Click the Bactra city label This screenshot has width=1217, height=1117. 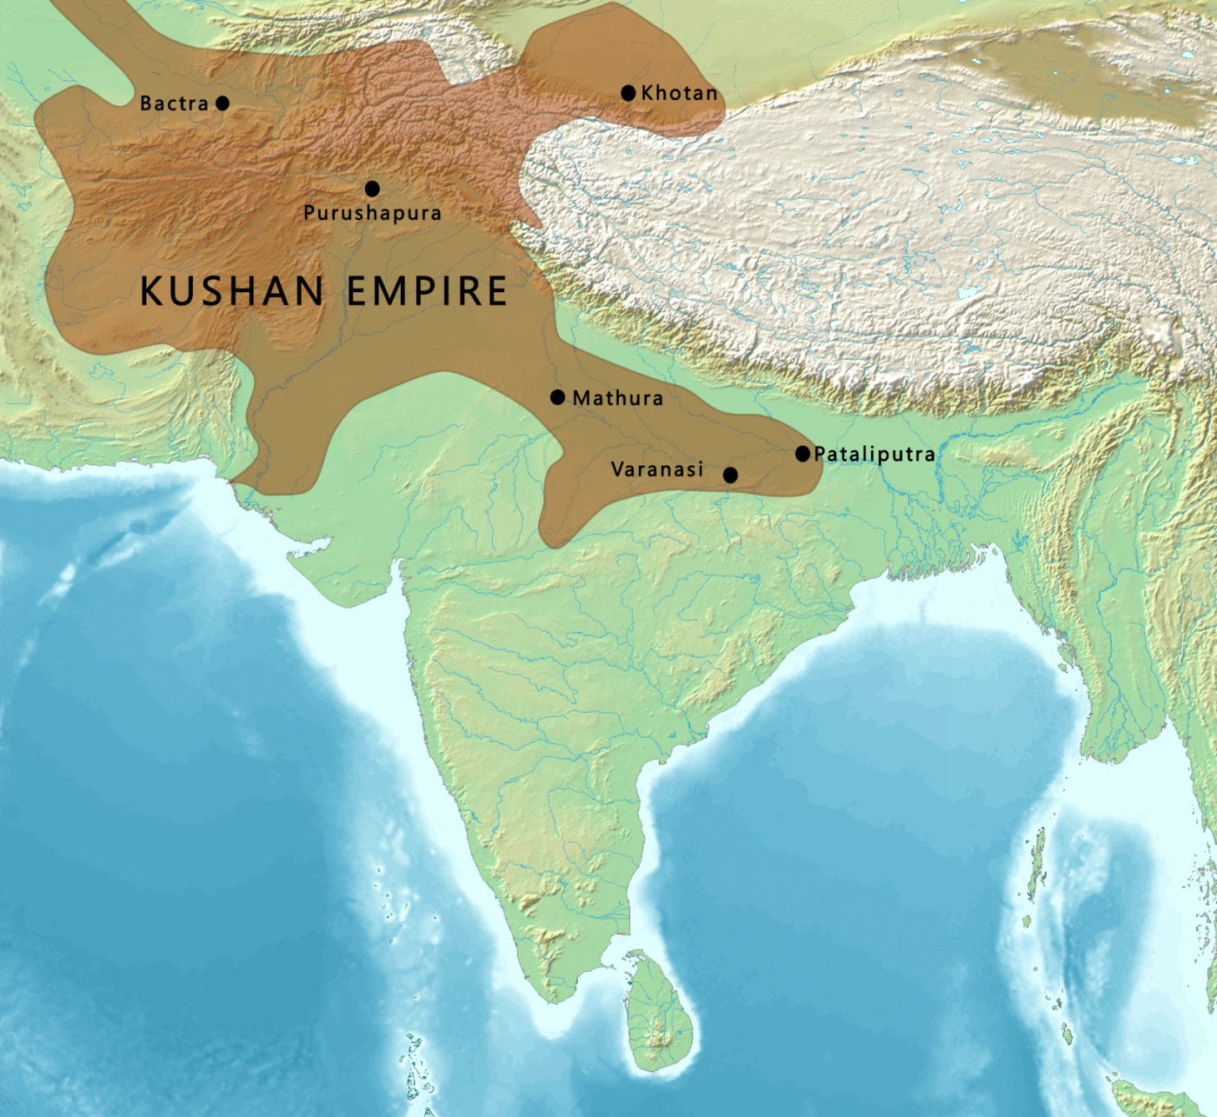174,103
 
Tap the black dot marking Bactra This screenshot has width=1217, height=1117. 223,103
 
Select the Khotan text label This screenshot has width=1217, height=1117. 679,93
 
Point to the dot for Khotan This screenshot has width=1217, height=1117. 628,93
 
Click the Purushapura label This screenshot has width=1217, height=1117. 372,213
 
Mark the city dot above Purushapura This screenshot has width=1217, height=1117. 372,189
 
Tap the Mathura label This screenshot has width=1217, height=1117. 617,398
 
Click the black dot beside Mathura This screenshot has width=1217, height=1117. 558,397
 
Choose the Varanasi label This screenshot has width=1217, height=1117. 657,469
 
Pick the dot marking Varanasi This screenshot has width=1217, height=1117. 730,475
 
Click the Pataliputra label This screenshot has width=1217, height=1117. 874,454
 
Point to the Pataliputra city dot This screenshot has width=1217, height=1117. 802,454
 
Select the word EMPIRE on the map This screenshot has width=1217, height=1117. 427,290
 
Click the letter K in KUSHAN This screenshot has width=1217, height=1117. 153,290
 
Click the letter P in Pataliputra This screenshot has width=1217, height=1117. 820,454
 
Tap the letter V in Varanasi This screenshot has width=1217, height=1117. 618,469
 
